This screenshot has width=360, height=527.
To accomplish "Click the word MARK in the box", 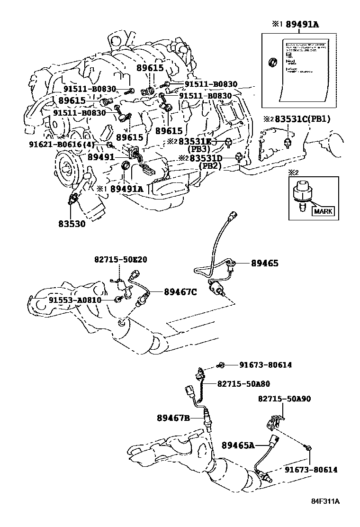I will [322, 211].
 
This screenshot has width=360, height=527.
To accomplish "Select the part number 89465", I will [264, 263].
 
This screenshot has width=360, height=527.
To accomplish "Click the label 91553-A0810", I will [74, 300].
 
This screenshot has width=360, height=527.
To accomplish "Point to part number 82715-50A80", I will [243, 384].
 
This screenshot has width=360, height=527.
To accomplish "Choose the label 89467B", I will [173, 418].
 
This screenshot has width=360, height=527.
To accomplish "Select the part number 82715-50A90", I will [284, 399].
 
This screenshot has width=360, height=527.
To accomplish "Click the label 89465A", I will [238, 445].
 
